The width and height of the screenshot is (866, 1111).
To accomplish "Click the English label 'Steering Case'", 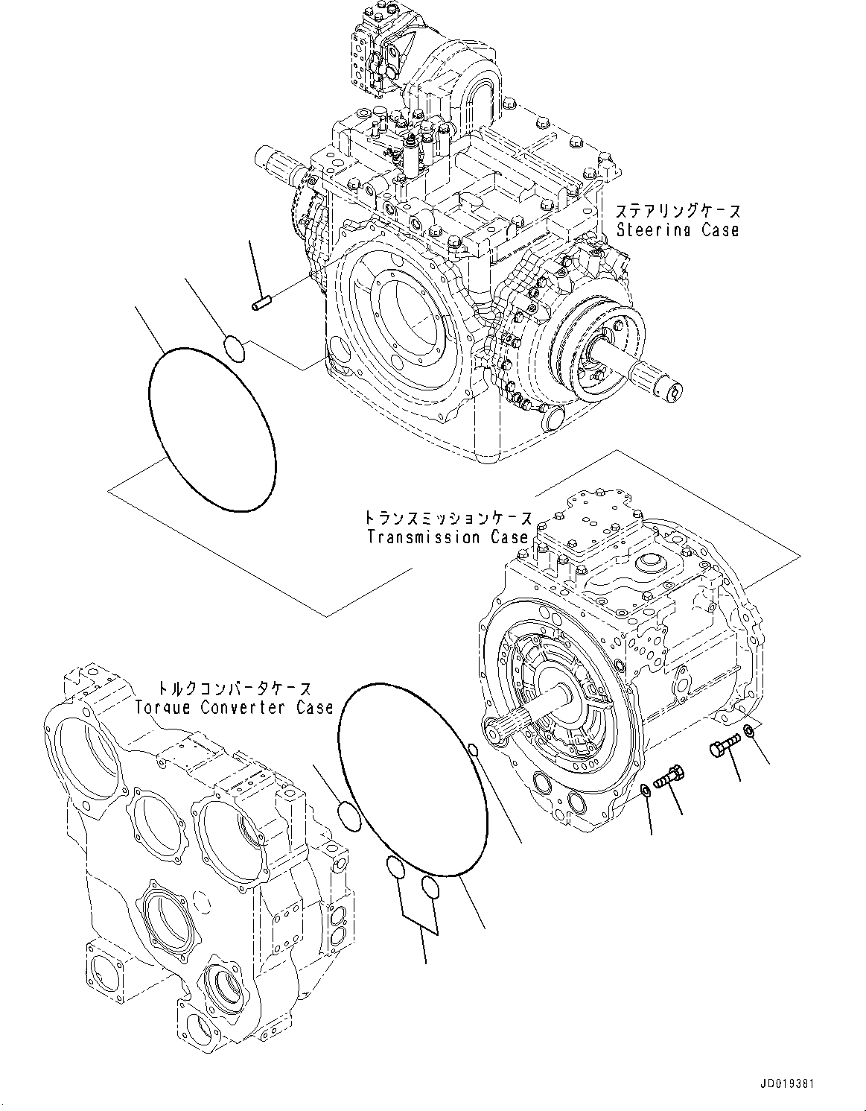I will pyautogui.click(x=678, y=230).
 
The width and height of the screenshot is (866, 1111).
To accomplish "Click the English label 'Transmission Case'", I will pyautogui.click(x=448, y=537).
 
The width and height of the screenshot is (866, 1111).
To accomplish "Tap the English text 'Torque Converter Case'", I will pyautogui.click(x=234, y=707).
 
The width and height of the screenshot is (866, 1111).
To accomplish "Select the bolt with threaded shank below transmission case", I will pyautogui.click(x=668, y=778).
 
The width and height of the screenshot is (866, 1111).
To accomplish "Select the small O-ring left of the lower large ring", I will pyautogui.click(x=348, y=814).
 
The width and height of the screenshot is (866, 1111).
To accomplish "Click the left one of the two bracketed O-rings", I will pyautogui.click(x=395, y=867).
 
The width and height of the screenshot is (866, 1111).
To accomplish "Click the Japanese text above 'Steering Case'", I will pyautogui.click(x=678, y=212).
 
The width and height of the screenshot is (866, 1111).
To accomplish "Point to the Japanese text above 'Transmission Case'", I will pyautogui.click(x=448, y=517).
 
